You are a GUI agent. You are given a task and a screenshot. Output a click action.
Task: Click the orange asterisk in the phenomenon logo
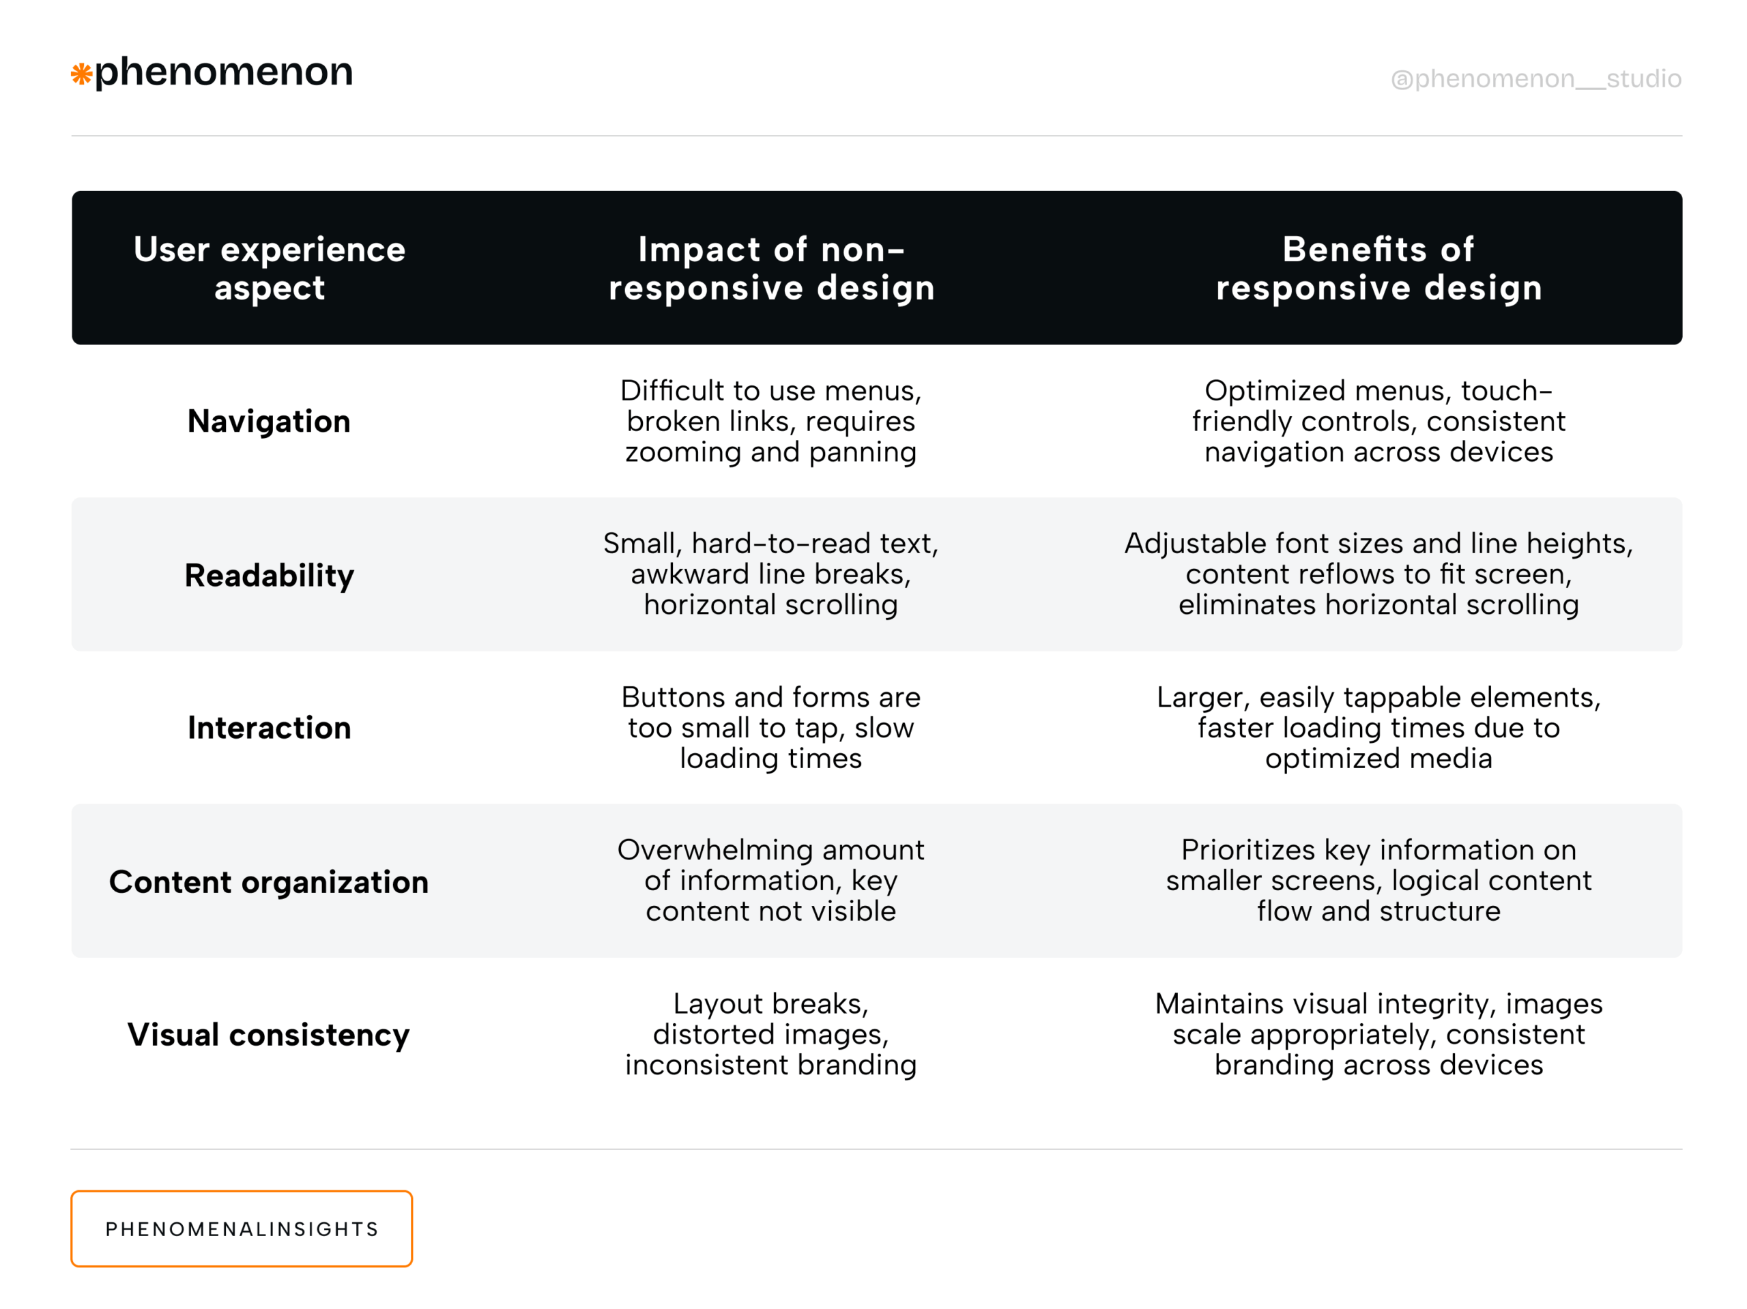click(x=81, y=74)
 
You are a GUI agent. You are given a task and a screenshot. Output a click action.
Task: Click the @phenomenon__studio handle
click(x=1535, y=79)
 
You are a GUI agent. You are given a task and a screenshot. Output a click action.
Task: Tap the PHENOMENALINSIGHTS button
click(x=242, y=1229)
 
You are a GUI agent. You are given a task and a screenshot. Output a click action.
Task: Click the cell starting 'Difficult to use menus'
click(x=771, y=421)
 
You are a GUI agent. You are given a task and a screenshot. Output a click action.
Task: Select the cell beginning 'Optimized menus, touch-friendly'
click(x=1378, y=421)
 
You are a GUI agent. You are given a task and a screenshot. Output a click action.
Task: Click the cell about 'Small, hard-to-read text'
click(x=771, y=574)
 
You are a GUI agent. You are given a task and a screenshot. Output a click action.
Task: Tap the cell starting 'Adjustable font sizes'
click(x=1378, y=574)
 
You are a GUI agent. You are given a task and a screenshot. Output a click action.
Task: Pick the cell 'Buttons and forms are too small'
click(x=771, y=727)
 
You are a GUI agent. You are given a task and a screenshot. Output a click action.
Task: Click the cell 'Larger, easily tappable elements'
click(x=1378, y=727)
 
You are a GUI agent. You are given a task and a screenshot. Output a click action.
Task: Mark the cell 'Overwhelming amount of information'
click(x=771, y=881)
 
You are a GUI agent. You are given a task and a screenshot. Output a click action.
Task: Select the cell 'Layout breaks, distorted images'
click(x=771, y=1034)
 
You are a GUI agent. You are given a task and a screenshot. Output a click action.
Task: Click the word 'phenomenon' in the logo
click(x=224, y=72)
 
